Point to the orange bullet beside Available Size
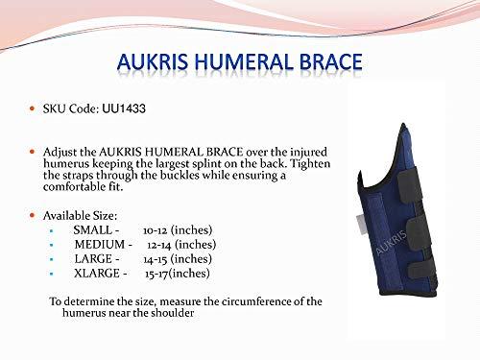coord(31,209)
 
